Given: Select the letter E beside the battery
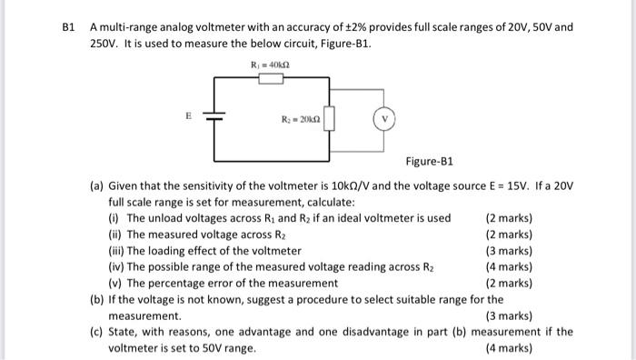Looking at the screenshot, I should pos(188,116).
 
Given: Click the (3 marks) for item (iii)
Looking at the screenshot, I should pos(509,251).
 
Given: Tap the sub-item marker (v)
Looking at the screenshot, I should pos(114,283).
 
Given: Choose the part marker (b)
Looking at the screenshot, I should pos(95,299).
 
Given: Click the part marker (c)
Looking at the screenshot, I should pos(95,332).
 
